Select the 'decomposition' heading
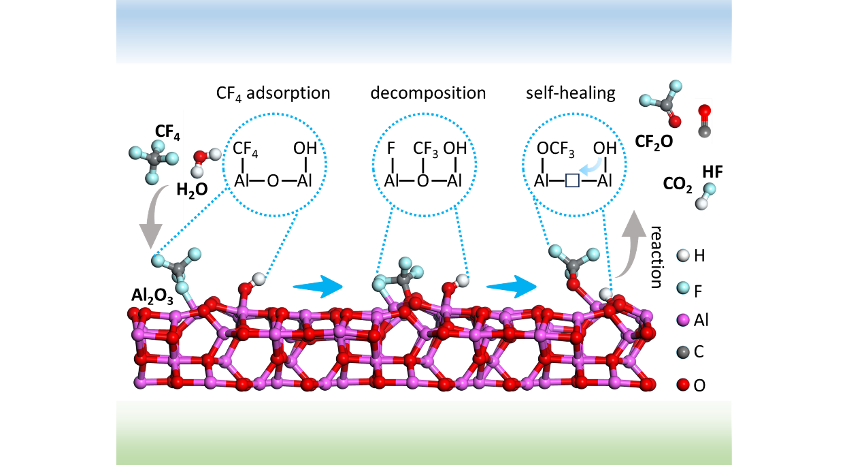pos(428,93)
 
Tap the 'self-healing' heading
pos(570,93)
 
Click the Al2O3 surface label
pos(150,297)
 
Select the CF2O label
pos(653,142)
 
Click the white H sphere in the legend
pos(683,256)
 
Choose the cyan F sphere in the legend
pos(683,288)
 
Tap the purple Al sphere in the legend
pos(683,320)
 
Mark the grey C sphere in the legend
pos(683,353)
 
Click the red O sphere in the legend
pos(683,385)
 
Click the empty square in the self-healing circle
pos(571,180)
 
